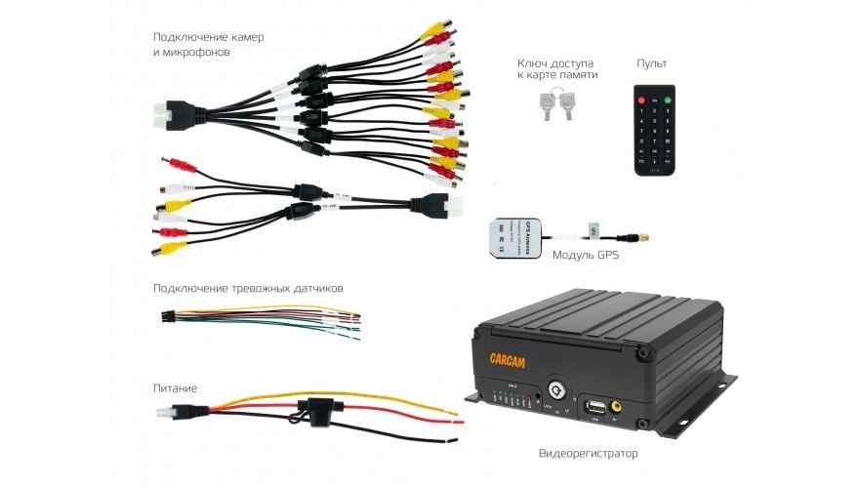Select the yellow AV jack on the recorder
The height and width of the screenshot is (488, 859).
[617, 402]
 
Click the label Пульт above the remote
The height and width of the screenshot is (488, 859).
[652, 63]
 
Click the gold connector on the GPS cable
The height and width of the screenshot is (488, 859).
[646, 237]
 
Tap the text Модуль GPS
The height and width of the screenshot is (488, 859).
[585, 257]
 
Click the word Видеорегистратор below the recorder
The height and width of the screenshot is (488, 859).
[587, 455]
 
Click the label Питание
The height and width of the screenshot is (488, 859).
[176, 387]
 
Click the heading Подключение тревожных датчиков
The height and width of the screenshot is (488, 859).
[248, 289]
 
